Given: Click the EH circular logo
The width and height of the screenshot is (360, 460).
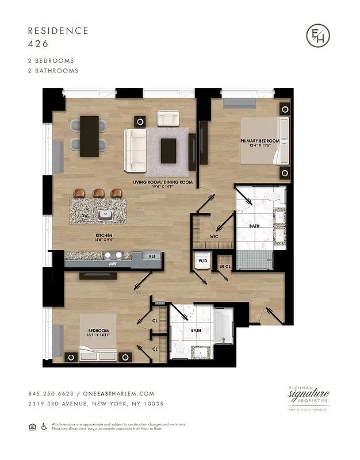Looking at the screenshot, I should click(x=318, y=36).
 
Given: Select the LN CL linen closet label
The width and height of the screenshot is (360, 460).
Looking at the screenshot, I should click(x=224, y=266).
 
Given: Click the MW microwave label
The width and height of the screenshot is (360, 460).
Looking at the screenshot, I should click(x=113, y=264).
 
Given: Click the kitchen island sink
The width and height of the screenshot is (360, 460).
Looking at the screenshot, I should click(x=104, y=215).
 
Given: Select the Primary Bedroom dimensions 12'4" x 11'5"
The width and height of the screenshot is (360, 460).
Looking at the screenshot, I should click(x=260, y=146).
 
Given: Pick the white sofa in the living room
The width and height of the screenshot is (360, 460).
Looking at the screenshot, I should click(x=136, y=149).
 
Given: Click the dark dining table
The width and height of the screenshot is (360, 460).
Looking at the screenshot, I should click(x=89, y=133).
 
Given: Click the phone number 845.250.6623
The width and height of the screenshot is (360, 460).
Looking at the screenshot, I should click(x=49, y=394).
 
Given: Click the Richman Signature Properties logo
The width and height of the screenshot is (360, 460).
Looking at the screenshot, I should click(x=309, y=397).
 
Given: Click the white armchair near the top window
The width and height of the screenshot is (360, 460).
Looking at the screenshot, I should click(x=168, y=119).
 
